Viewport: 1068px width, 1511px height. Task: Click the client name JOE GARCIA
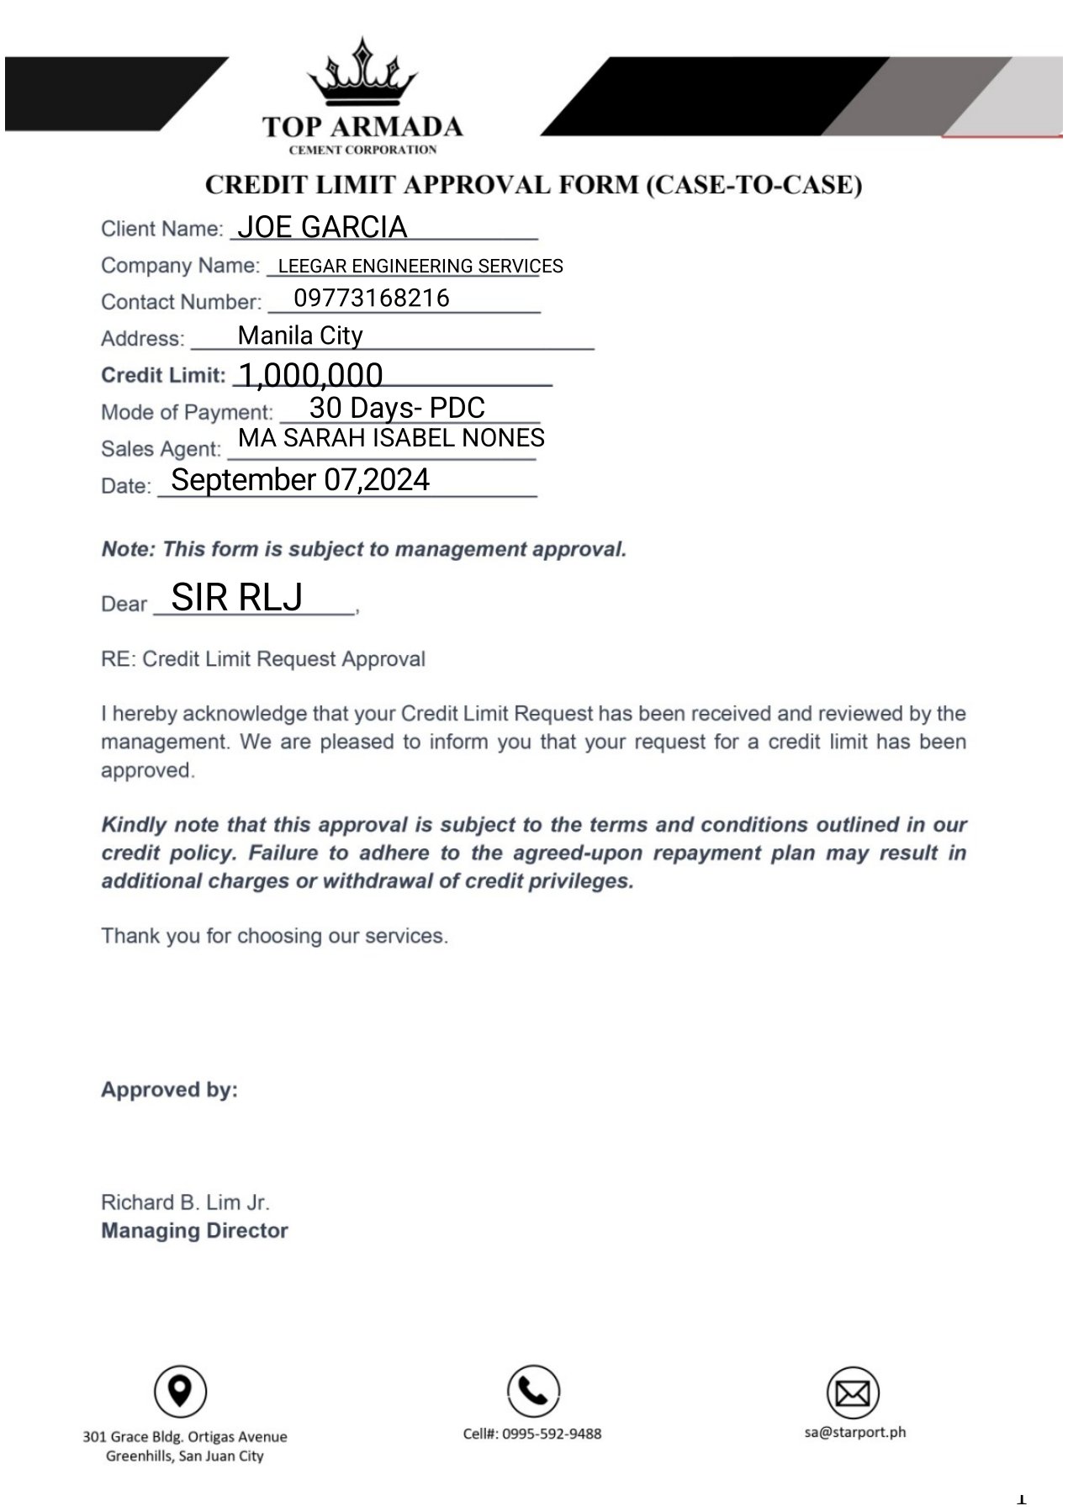[322, 227]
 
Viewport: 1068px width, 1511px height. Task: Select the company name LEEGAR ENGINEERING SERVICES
[420, 266]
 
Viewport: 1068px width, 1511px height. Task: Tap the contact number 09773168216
[372, 298]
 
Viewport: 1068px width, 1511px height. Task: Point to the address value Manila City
[300, 335]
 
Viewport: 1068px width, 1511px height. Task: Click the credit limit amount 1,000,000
[311, 374]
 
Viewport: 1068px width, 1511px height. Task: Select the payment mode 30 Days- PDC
[397, 408]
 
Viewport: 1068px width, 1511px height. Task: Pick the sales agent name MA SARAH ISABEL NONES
[391, 438]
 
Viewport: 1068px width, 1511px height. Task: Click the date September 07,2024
[300, 479]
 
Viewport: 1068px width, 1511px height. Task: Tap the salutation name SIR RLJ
[236, 597]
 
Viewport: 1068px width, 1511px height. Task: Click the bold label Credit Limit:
[163, 375]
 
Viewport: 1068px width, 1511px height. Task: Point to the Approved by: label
[169, 1090]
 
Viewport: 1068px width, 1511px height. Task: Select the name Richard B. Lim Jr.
[185, 1202]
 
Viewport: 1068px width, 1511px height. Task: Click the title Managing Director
[194, 1231]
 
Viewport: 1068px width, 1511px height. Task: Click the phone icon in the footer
[533, 1392]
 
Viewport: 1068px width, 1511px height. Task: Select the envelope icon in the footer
[853, 1393]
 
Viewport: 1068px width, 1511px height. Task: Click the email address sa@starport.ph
[855, 1432]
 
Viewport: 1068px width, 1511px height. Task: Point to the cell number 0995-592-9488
[532, 1434]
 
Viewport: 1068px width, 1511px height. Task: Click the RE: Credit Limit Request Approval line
[263, 659]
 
